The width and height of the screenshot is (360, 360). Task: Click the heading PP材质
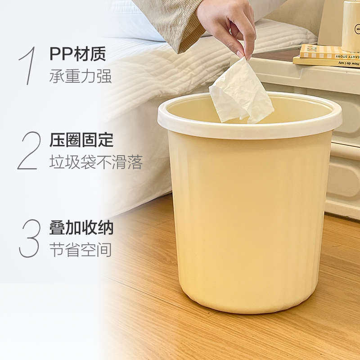pyautogui.click(x=78, y=54)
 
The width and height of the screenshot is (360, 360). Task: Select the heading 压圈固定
pyautogui.click(x=81, y=140)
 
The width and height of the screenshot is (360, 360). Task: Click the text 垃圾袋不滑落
pyautogui.click(x=95, y=162)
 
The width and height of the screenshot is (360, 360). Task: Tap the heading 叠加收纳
pyautogui.click(x=81, y=228)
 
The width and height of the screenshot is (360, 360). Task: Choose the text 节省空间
pyautogui.click(x=80, y=250)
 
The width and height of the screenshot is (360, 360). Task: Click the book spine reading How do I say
pyautogui.click(x=328, y=63)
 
